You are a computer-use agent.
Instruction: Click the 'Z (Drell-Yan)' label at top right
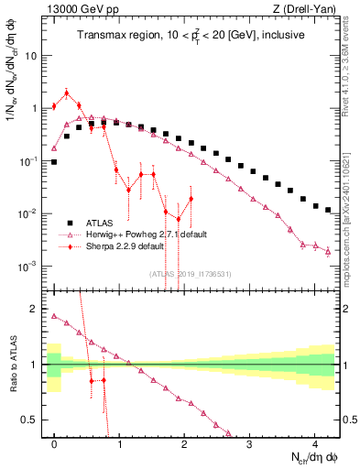pyautogui.click(x=309, y=9)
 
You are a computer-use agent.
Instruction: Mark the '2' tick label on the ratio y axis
pyautogui.click(x=35, y=309)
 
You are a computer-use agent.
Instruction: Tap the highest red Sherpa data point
pyautogui.click(x=67, y=92)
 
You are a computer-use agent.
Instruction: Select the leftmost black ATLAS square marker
pyautogui.click(x=54, y=162)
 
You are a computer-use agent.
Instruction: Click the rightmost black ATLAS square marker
pyautogui.click(x=328, y=210)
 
